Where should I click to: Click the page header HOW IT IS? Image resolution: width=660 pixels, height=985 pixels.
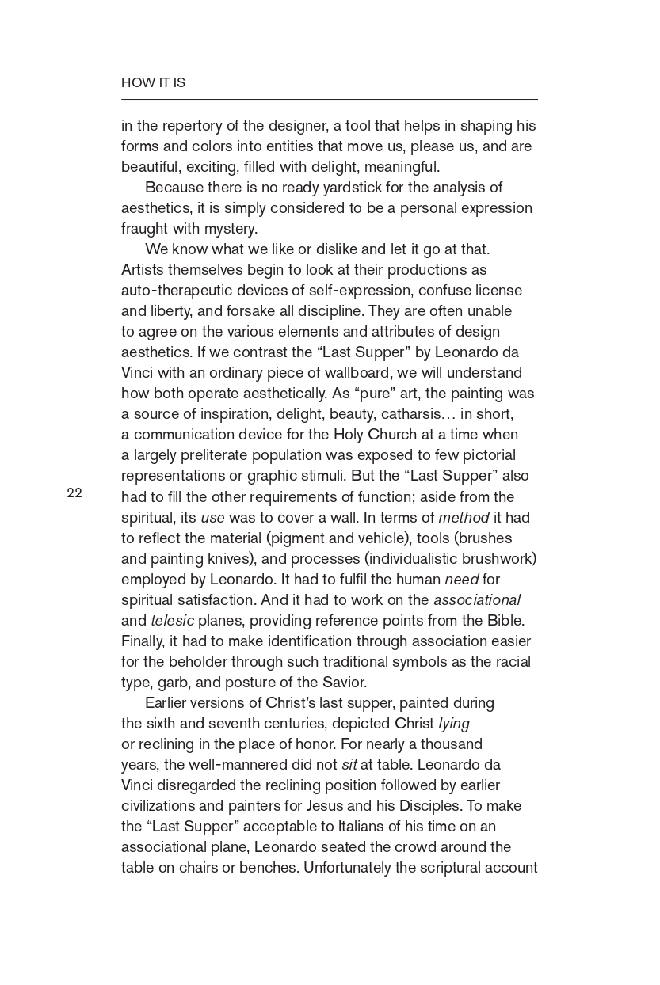[153, 82]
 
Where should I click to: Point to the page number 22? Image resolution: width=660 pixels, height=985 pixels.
[74, 493]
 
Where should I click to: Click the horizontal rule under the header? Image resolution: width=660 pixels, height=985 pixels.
[329, 100]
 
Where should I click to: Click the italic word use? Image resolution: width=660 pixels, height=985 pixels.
[212, 518]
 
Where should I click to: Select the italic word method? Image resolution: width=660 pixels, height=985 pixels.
[464, 518]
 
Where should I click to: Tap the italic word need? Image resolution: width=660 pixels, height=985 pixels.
[461, 580]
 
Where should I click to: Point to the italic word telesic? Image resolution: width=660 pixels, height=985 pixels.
[172, 621]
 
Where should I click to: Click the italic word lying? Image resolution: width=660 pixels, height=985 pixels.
[454, 724]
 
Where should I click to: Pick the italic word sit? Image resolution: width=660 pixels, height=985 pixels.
[349, 765]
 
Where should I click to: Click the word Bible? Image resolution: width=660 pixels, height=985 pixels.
[505, 621]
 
